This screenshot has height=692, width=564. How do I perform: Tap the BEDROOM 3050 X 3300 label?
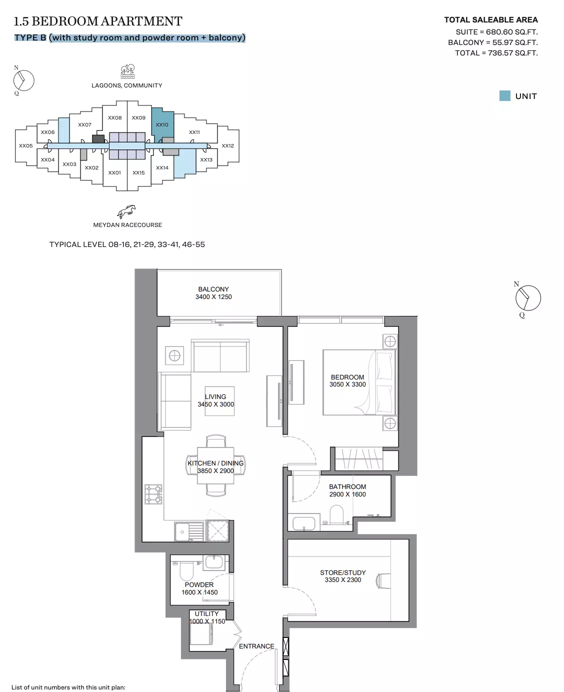[x=347, y=380]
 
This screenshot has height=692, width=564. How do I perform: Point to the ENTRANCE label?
[x=256, y=646]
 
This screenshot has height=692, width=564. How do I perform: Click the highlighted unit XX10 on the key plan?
[x=162, y=125]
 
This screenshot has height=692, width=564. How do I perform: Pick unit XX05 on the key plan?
[x=25, y=145]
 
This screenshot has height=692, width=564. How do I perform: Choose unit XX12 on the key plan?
[x=227, y=145]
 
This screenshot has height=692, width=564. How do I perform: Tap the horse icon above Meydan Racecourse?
[x=126, y=211]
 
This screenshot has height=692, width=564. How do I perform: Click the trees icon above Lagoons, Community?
[x=127, y=71]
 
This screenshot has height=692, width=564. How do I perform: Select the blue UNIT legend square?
[x=504, y=96]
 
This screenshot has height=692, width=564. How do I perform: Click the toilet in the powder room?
[x=186, y=571]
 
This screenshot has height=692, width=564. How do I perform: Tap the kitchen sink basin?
[x=182, y=532]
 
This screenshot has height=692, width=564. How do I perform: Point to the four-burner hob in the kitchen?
[x=153, y=494]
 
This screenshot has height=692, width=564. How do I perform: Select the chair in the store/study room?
[x=383, y=581]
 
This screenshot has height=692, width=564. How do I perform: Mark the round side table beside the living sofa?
[x=174, y=355]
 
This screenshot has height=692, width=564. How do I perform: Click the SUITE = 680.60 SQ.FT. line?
[x=496, y=32]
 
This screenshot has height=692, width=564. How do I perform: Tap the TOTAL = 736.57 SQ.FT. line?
[x=496, y=53]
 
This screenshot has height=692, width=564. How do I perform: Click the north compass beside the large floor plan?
[x=527, y=297]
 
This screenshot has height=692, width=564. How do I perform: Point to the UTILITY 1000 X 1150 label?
[x=207, y=617]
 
